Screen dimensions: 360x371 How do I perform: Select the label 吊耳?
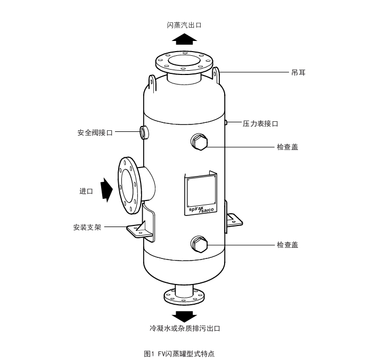click(x=298, y=72)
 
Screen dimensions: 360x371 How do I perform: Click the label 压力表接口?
click(x=260, y=123)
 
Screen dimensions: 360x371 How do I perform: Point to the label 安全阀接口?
click(x=95, y=132)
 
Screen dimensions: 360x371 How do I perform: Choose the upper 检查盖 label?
click(x=287, y=147)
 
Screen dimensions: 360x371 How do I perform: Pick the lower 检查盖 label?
click(x=287, y=245)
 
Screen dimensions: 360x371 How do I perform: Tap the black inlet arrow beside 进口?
click(x=107, y=189)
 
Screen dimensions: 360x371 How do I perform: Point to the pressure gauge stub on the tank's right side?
click(x=226, y=123)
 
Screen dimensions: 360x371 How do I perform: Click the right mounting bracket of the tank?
click(x=233, y=220)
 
